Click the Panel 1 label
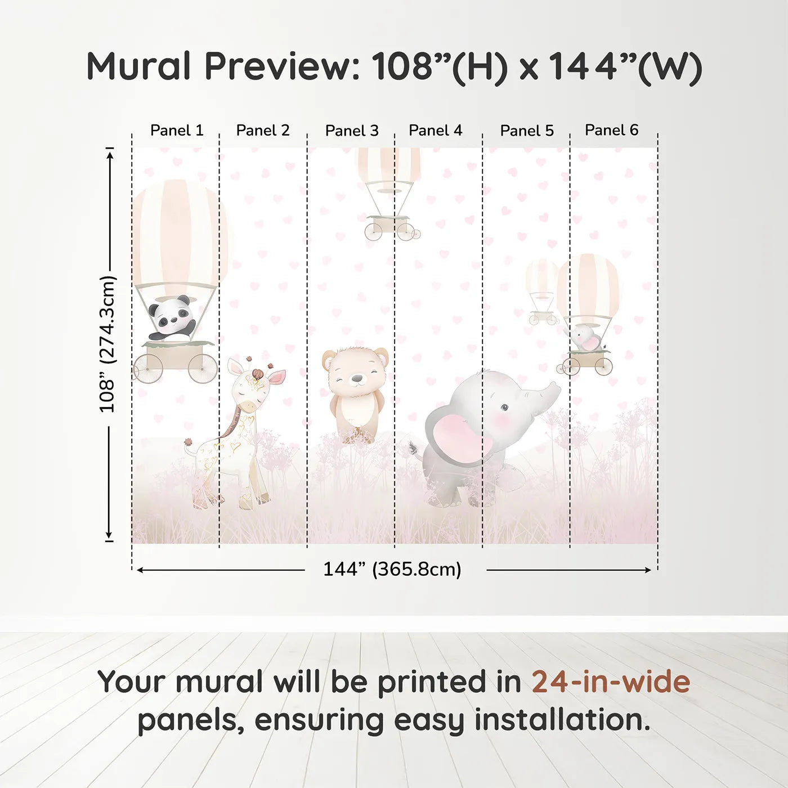[177, 131]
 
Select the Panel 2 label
[263, 131]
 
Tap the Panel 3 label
[352, 131]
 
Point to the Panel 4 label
[436, 131]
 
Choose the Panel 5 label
[527, 131]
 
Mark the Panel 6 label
[612, 130]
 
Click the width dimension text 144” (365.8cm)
[392, 570]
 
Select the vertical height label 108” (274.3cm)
[108, 344]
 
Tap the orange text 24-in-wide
[611, 682]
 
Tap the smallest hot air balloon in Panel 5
[542, 290]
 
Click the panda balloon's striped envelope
[177, 231]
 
